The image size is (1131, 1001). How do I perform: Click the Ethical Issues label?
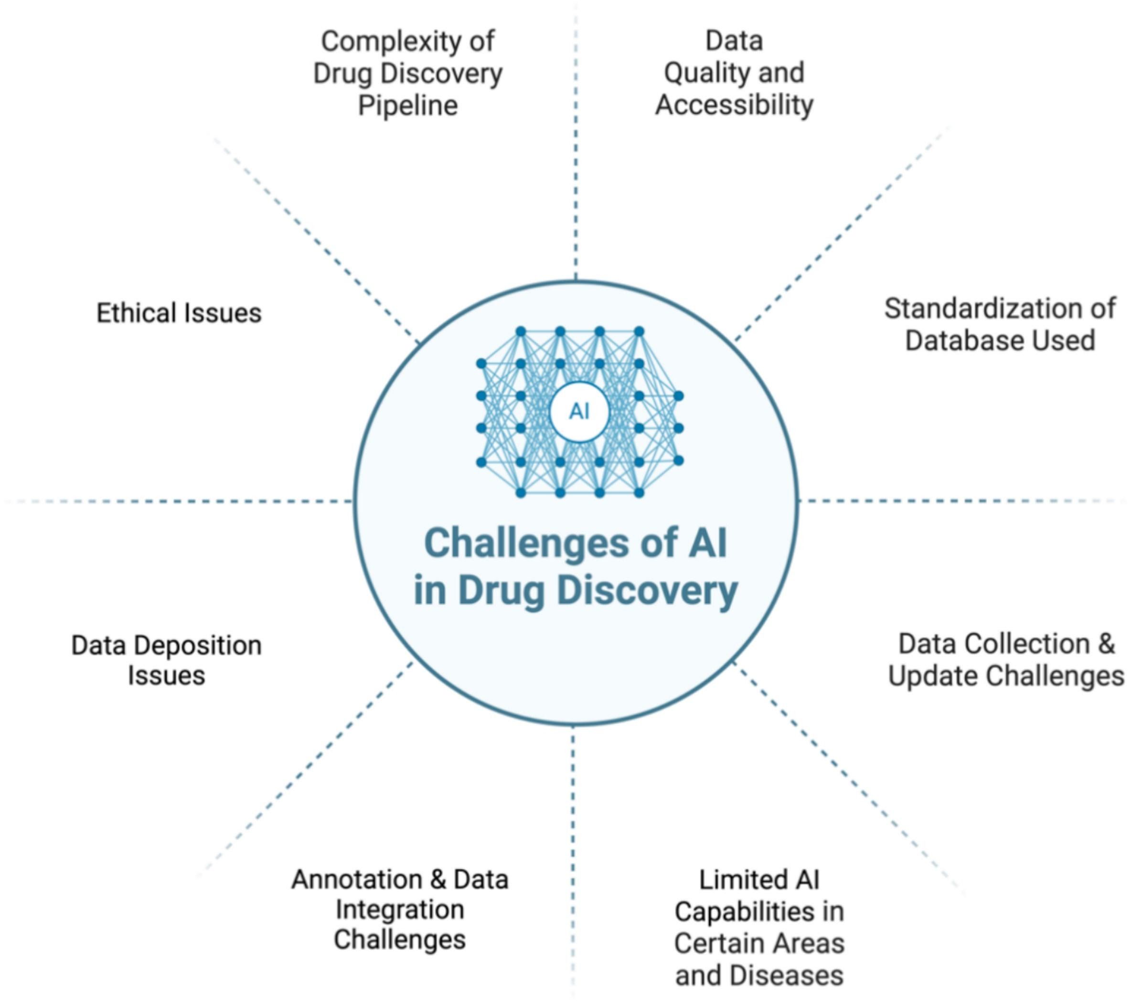179,313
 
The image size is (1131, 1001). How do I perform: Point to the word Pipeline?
408,106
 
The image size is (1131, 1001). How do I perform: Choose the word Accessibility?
734,105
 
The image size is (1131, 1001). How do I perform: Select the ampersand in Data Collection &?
1106,644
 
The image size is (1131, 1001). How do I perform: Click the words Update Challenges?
1006,676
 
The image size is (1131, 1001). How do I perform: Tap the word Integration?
399,910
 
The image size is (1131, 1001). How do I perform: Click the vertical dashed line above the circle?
576,166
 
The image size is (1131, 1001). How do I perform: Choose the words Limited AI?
758,880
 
